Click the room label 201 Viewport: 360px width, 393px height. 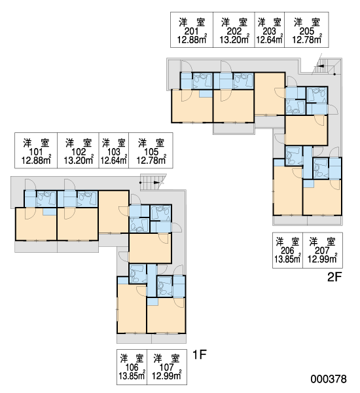click(191, 31)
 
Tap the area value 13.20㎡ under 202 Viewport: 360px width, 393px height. click(234, 39)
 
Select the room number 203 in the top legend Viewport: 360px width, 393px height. click(269, 31)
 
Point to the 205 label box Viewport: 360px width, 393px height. click(306, 29)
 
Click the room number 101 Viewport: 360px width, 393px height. click(36, 152)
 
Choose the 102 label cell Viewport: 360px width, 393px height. click(78, 151)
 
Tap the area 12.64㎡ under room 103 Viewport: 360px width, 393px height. click(114, 160)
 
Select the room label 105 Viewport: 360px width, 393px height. click(151, 152)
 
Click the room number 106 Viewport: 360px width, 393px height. click(132, 367)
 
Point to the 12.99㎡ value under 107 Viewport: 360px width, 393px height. click(167, 376)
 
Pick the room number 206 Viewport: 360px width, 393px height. click(287, 250)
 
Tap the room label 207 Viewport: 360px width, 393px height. click(322, 250)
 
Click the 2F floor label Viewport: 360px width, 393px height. click(334, 276)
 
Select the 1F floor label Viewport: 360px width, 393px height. click(200, 354)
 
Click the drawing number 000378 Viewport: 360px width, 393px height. click(329, 379)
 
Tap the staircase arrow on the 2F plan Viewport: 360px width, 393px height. click(319, 66)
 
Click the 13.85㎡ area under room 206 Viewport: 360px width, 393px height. click(287, 259)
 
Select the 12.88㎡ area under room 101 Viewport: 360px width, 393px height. click(36, 160)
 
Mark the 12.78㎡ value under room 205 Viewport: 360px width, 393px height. click(307, 39)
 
